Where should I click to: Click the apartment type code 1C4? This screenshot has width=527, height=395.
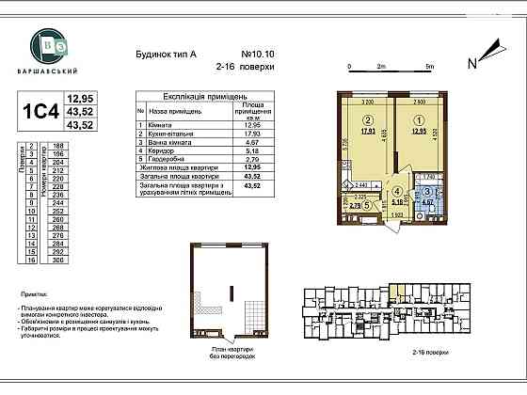pos(40,111)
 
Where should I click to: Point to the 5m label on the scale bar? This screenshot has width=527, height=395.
pos(428,68)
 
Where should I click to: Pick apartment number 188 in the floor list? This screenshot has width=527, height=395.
pos(59,147)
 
